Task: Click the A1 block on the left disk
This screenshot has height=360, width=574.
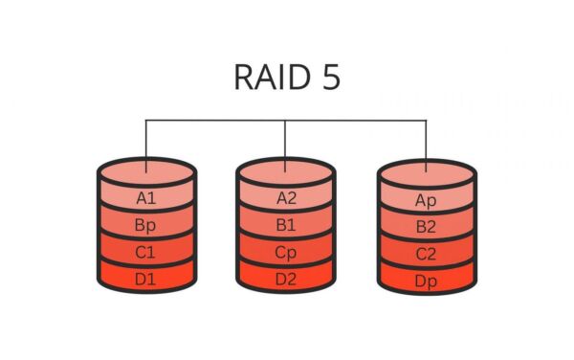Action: coord(146,199)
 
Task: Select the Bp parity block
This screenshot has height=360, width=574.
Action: coord(146,227)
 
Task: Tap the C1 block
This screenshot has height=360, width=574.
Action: coord(146,254)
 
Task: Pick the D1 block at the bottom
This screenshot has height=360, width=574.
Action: coord(146,279)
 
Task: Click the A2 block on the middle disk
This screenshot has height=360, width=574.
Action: coord(286,199)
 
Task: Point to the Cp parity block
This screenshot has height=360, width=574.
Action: coord(286,254)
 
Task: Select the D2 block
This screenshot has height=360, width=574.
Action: coord(286,279)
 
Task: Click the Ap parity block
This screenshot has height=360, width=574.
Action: coord(427,201)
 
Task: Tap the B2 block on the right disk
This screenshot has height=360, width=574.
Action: coord(427,228)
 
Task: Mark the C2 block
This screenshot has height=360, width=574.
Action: coord(427,255)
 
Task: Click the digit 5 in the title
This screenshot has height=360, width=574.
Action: coord(329,77)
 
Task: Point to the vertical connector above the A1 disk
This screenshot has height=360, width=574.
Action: coord(146,144)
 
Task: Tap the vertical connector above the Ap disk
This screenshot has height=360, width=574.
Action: coord(427,144)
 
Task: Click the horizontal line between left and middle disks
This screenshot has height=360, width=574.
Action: coord(216,120)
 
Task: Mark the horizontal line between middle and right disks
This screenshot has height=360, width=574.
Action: coord(356,120)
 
